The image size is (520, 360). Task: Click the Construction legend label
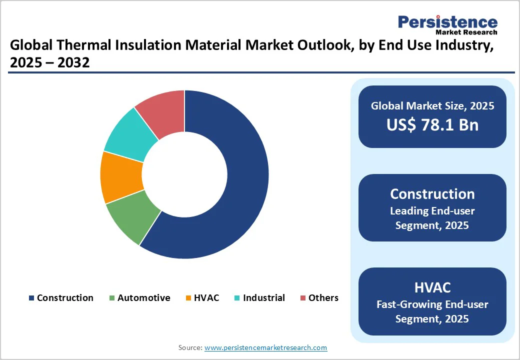(x=65, y=298)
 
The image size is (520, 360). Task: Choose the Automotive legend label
(x=143, y=298)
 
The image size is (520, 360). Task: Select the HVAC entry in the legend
(x=206, y=298)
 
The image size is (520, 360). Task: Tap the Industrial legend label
(x=263, y=298)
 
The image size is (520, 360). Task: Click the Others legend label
(x=323, y=298)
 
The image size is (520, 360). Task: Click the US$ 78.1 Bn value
(x=432, y=124)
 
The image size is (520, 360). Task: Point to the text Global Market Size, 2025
(x=432, y=105)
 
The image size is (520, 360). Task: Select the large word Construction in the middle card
(x=432, y=194)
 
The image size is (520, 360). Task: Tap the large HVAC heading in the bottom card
(x=432, y=287)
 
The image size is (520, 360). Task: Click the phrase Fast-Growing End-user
(x=432, y=304)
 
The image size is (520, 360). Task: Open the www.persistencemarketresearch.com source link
(x=265, y=347)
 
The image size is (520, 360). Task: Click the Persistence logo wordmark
(x=447, y=22)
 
